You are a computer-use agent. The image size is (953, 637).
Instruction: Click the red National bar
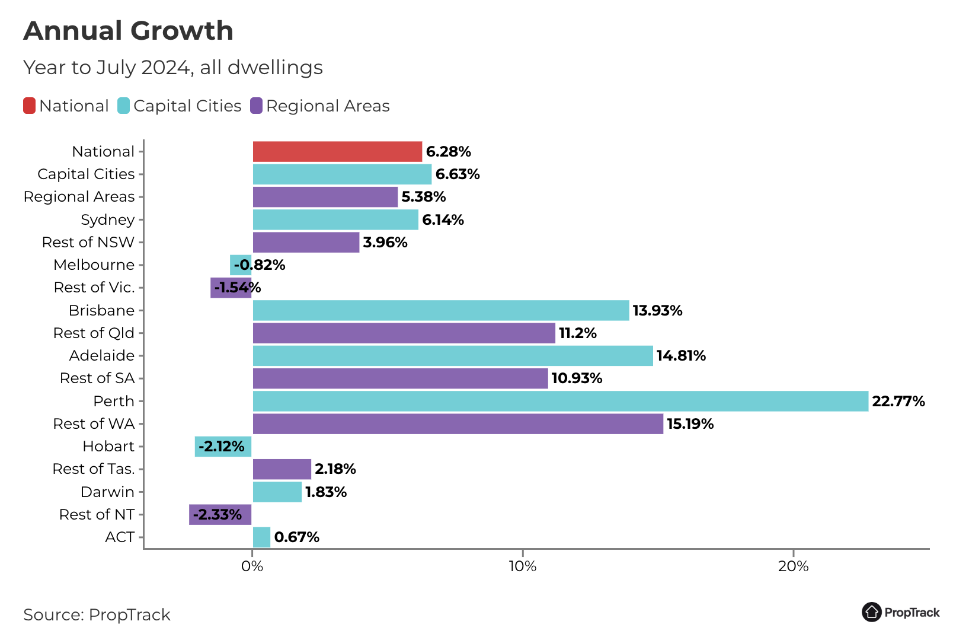[x=337, y=152]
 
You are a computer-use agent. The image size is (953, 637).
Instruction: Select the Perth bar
[x=560, y=402]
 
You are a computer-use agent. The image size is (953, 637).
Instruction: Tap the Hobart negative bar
[x=223, y=447]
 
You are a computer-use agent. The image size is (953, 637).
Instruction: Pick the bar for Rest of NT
[x=220, y=515]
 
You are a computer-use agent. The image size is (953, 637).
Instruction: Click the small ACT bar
[x=261, y=537]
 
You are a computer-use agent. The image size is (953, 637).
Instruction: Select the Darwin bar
[x=277, y=492]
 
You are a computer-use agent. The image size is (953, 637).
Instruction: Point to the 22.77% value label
[x=898, y=402]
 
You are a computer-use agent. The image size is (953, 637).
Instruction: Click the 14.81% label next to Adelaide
[x=681, y=356]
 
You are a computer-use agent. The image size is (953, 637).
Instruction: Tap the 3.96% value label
[x=385, y=243]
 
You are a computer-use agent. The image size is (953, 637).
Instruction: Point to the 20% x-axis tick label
[x=793, y=566]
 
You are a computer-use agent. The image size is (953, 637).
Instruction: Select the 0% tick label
[x=252, y=566]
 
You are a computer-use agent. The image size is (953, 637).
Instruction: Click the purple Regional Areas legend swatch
[x=256, y=106]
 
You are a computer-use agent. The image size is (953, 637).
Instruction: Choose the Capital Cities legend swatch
[x=123, y=106]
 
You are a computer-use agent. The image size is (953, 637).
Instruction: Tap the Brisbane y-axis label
[x=101, y=311]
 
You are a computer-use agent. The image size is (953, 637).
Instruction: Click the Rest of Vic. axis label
[x=94, y=288]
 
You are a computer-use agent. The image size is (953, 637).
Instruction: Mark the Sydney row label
[x=107, y=220]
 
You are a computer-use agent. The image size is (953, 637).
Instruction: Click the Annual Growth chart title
[x=128, y=31]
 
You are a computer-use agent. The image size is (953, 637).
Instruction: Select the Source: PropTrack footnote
[x=97, y=615]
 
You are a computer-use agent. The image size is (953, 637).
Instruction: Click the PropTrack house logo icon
[x=871, y=612]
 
